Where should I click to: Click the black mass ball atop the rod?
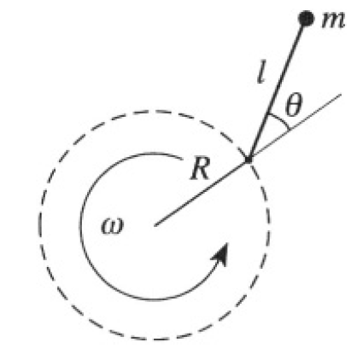pyautogui.click(x=306, y=19)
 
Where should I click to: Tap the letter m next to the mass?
pyautogui.click(x=333, y=21)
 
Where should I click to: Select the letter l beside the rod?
pyautogui.click(x=261, y=73)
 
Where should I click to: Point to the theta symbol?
pyautogui.click(x=293, y=105)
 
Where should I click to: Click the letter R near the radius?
pyautogui.click(x=200, y=168)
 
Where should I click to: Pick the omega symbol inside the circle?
pyautogui.click(x=113, y=226)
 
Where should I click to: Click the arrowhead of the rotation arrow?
pyautogui.click(x=220, y=254)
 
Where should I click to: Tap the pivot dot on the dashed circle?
pyautogui.click(x=249, y=160)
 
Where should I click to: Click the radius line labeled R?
pyautogui.click(x=202, y=193)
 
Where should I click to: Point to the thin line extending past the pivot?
pyautogui.click(x=295, y=127)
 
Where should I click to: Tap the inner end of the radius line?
pyautogui.click(x=155, y=226)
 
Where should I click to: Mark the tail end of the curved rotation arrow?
pyautogui.click(x=182, y=160)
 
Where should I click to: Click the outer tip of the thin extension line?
pyautogui.click(x=341, y=94)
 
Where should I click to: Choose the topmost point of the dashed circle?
pyautogui.click(x=155, y=111)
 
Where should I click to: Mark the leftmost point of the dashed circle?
pyautogui.click(x=39, y=225)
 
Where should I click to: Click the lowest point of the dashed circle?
pyautogui.click(x=155, y=340)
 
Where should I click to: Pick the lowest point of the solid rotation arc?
pyautogui.click(x=155, y=299)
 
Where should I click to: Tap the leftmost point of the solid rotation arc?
pyautogui.click(x=80, y=226)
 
